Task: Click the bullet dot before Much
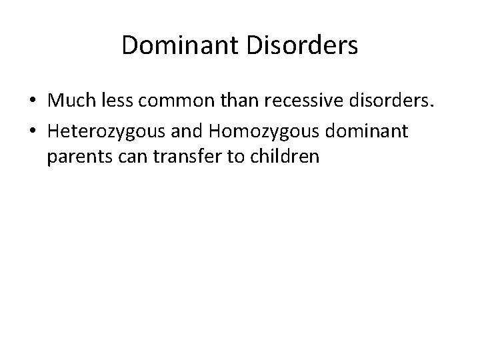pos(32,101)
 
